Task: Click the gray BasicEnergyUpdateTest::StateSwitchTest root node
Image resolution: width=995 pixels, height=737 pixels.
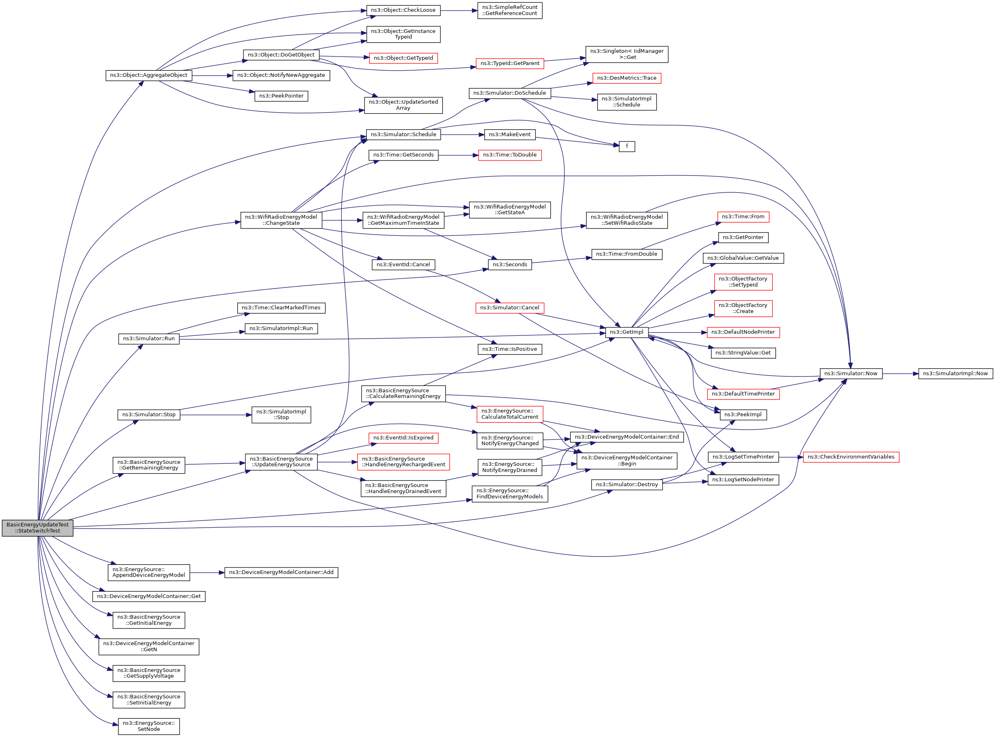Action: coord(37,528)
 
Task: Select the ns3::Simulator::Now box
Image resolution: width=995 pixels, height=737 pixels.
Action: coord(851,374)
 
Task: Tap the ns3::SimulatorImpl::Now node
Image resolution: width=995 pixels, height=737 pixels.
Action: coord(955,374)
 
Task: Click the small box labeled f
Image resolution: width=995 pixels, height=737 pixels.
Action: coord(626,146)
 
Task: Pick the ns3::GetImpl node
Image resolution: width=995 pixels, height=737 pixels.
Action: coord(626,332)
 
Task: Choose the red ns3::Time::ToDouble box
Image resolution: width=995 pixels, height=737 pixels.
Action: coord(509,155)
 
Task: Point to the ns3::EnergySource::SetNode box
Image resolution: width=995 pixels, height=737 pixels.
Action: coord(148,726)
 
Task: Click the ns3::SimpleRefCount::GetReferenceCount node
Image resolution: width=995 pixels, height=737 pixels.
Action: coord(509,10)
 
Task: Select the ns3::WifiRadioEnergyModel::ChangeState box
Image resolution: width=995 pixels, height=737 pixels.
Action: coord(281,220)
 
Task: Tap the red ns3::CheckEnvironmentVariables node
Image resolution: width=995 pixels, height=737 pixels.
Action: coord(851,457)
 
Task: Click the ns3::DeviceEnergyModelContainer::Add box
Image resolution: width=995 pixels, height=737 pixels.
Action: coord(281,572)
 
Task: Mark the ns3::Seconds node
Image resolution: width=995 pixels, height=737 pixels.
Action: coord(509,265)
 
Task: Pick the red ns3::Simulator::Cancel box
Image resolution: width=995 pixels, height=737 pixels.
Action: coord(509,308)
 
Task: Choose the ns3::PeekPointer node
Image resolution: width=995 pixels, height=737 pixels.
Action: coord(281,96)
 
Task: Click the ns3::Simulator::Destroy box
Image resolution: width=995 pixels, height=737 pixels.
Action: coord(626,485)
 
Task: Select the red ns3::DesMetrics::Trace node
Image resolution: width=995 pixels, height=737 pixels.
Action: coord(626,78)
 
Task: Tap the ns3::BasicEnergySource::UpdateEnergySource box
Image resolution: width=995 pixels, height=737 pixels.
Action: coord(281,462)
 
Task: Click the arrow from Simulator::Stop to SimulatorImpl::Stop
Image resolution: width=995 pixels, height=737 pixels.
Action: coord(216,415)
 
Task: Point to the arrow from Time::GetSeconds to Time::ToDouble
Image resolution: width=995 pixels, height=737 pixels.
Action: coord(458,155)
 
